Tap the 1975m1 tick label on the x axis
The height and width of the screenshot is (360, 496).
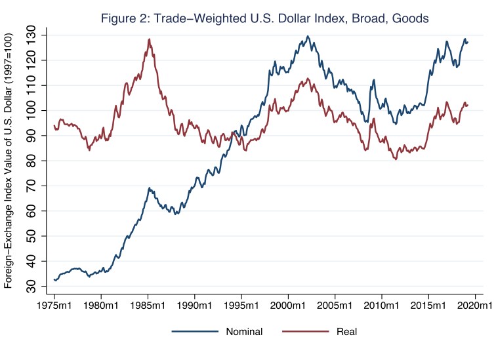(54, 306)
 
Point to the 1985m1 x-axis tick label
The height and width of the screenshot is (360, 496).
(148, 306)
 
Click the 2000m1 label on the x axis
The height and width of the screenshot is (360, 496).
(288, 306)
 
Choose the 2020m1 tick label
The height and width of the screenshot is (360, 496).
(475, 306)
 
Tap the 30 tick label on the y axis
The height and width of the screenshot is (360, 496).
(34, 287)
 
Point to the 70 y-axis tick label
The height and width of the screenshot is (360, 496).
(34, 186)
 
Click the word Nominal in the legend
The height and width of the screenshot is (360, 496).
(243, 332)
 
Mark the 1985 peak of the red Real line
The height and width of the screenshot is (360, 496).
(149, 39)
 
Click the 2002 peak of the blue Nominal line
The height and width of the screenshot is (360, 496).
(308, 37)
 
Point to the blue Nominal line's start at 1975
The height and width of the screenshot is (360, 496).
(54, 280)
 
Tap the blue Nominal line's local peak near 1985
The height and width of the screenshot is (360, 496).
(149, 188)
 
